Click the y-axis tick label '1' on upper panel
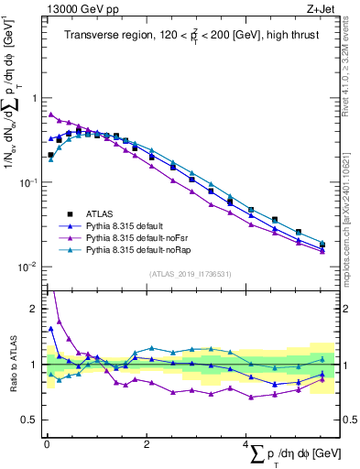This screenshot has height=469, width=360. (x=33, y=98)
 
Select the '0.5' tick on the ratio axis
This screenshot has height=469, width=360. (x=28, y=420)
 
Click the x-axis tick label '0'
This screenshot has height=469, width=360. (x=46, y=443)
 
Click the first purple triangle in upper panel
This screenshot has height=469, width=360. (x=50, y=115)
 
